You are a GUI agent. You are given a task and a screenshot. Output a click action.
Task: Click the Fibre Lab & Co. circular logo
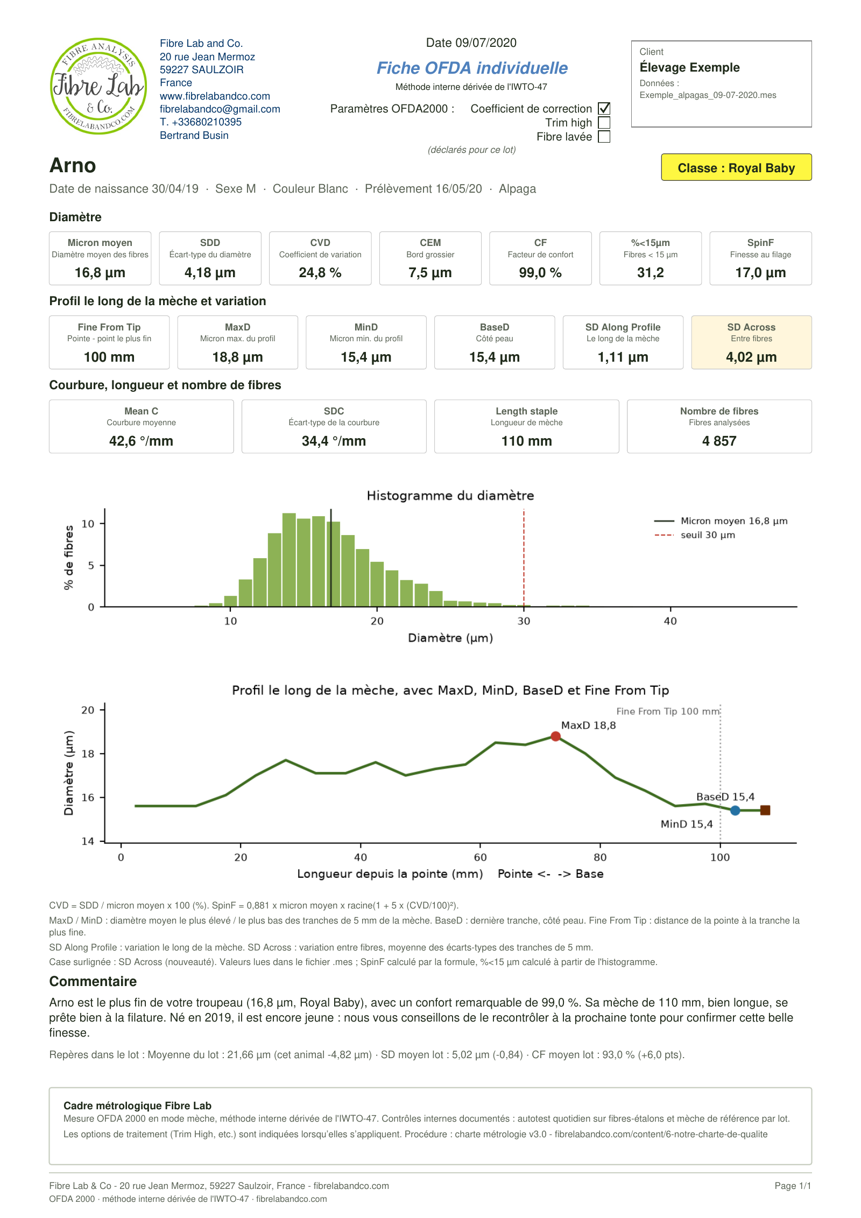[x=98, y=86]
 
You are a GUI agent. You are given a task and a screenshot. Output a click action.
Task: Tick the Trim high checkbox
[x=604, y=123]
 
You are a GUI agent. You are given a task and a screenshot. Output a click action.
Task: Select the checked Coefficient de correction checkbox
[x=604, y=109]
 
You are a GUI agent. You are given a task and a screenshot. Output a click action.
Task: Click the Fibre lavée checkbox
[x=604, y=137]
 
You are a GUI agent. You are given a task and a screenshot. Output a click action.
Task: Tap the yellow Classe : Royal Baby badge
[x=736, y=167]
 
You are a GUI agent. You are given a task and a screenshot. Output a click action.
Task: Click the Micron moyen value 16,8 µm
[x=100, y=272]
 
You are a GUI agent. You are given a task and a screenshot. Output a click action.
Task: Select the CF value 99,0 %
[x=540, y=272]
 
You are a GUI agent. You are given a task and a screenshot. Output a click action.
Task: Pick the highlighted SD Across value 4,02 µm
[x=751, y=357]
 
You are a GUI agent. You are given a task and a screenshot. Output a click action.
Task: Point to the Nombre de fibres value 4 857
[x=719, y=441]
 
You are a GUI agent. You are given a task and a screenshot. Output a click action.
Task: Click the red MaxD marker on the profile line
[x=555, y=736]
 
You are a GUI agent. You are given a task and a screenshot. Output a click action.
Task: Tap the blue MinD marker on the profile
[x=735, y=811]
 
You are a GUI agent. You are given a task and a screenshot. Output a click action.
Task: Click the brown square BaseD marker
[x=765, y=811]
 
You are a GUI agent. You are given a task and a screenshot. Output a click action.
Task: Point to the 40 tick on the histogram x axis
[x=670, y=621]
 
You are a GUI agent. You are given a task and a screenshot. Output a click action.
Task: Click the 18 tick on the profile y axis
[x=88, y=754]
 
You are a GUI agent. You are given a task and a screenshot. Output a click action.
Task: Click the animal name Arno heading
[x=73, y=165]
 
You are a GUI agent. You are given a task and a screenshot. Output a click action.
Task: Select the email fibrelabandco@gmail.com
[x=220, y=109]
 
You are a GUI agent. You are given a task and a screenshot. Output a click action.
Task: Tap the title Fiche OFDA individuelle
[x=472, y=68]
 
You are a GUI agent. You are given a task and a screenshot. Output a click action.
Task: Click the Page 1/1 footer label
[x=793, y=1185]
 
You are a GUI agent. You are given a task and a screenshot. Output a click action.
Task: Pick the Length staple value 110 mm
[x=526, y=441]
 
